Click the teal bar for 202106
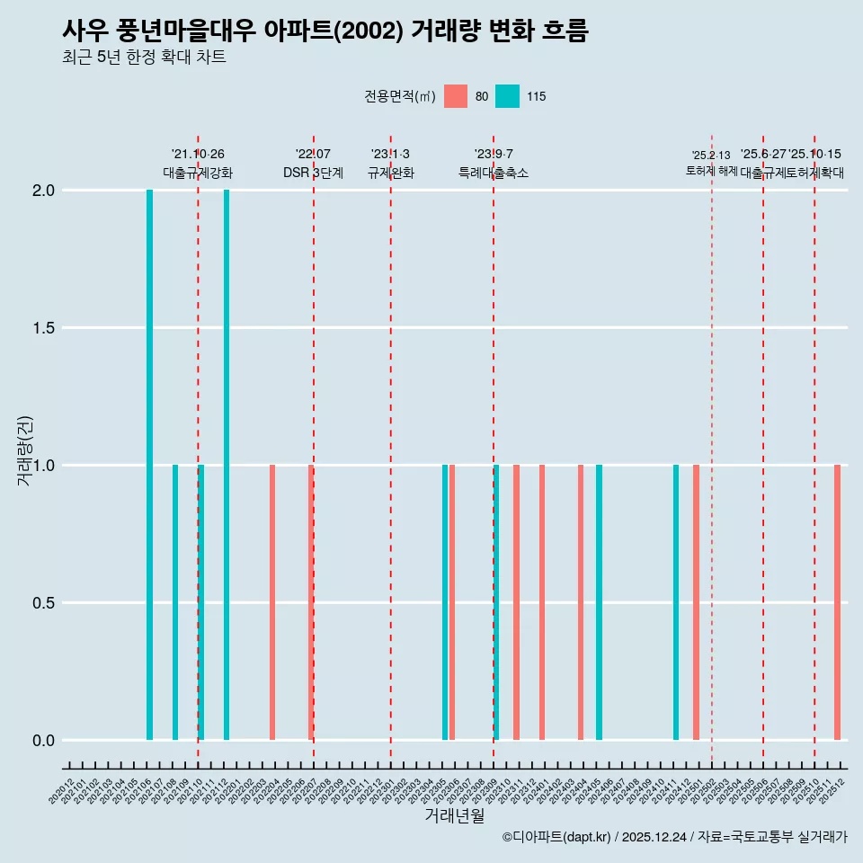tap(149, 465)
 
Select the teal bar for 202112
tap(227, 465)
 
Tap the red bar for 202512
tap(837, 602)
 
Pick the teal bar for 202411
tap(676, 602)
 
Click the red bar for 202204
tap(272, 602)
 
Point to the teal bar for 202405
tap(599, 602)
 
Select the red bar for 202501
tap(696, 602)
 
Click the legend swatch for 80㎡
tap(456, 96)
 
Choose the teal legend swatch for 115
tap(508, 96)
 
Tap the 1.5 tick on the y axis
tap(43, 328)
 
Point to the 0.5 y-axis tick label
tap(43, 603)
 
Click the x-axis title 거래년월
tap(454, 816)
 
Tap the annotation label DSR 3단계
tap(313, 173)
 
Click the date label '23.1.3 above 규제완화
tap(390, 155)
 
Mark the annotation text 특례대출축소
tap(494, 173)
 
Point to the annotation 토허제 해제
tap(711, 171)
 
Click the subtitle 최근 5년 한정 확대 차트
tap(144, 58)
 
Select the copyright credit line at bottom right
tap(674, 838)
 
